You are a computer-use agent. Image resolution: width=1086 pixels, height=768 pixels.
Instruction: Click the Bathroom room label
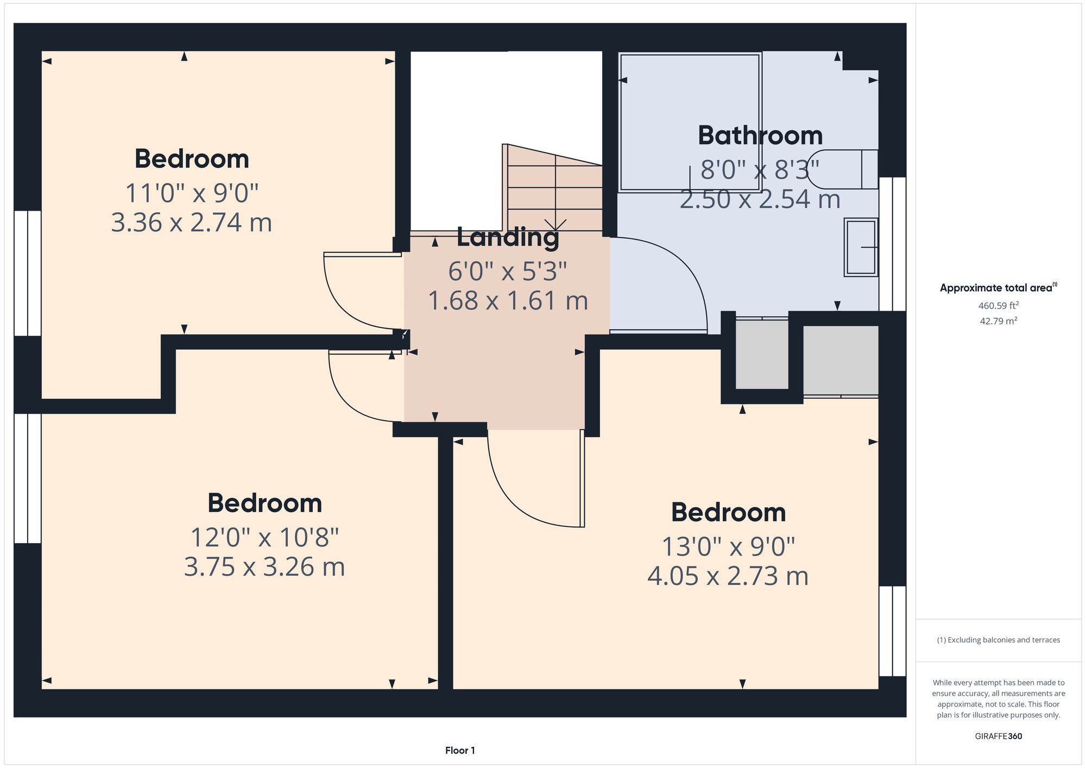click(x=760, y=135)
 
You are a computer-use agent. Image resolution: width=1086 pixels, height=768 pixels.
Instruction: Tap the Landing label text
click(x=508, y=237)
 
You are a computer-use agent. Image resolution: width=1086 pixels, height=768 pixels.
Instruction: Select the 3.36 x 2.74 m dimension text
click(x=192, y=223)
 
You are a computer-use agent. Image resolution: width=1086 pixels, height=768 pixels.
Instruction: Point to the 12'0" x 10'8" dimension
click(x=264, y=538)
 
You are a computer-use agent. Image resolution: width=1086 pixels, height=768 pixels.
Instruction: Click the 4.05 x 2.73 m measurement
click(x=728, y=576)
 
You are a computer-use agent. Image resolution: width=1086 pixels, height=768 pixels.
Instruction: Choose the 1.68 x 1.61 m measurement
click(x=508, y=300)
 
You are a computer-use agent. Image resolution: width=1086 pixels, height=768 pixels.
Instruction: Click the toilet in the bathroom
click(x=843, y=169)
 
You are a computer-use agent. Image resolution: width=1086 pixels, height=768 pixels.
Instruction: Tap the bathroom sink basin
click(x=861, y=247)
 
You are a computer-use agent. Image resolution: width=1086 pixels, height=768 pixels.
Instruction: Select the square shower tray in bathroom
click(x=690, y=122)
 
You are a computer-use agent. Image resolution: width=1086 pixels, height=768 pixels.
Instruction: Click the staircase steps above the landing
click(x=554, y=187)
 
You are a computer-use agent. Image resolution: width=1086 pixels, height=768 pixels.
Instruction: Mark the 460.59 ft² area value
click(x=999, y=306)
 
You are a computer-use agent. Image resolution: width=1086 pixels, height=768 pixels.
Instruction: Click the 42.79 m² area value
click(x=999, y=321)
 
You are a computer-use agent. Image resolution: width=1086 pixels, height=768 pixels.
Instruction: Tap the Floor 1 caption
click(x=460, y=751)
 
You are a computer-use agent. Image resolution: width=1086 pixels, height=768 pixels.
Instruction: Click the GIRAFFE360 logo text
click(x=999, y=736)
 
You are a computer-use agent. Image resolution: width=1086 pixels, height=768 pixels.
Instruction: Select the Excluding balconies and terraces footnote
click(x=999, y=640)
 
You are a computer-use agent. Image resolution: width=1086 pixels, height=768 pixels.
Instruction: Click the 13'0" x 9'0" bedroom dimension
click(x=728, y=547)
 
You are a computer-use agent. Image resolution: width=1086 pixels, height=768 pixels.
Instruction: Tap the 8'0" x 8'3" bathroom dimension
click(x=760, y=170)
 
